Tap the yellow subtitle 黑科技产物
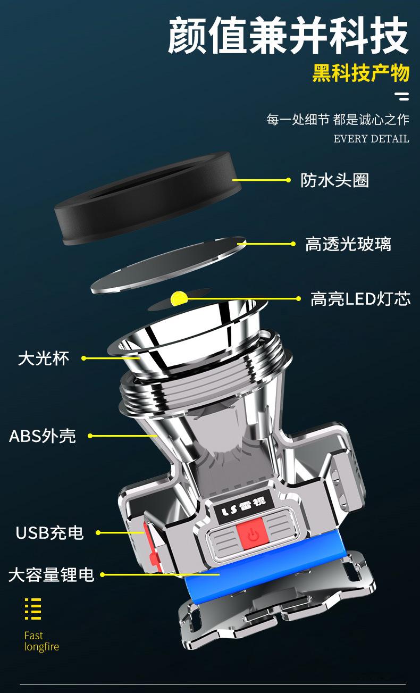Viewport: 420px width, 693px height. [360, 73]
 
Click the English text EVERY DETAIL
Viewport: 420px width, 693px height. [371, 139]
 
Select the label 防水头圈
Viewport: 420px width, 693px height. [334, 180]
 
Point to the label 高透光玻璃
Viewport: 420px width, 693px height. [348, 244]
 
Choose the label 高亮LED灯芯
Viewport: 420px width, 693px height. [360, 299]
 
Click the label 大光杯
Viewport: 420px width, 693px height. [44, 358]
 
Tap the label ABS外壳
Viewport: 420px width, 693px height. [43, 436]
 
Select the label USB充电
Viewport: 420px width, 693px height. [49, 532]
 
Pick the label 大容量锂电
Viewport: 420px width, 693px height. [51, 575]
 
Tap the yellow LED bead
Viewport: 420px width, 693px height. [177, 298]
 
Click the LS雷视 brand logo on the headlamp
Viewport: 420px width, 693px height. [246, 501]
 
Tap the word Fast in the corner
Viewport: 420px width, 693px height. [33, 636]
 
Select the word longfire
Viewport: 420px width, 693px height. [41, 647]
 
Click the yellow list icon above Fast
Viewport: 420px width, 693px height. [33, 609]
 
